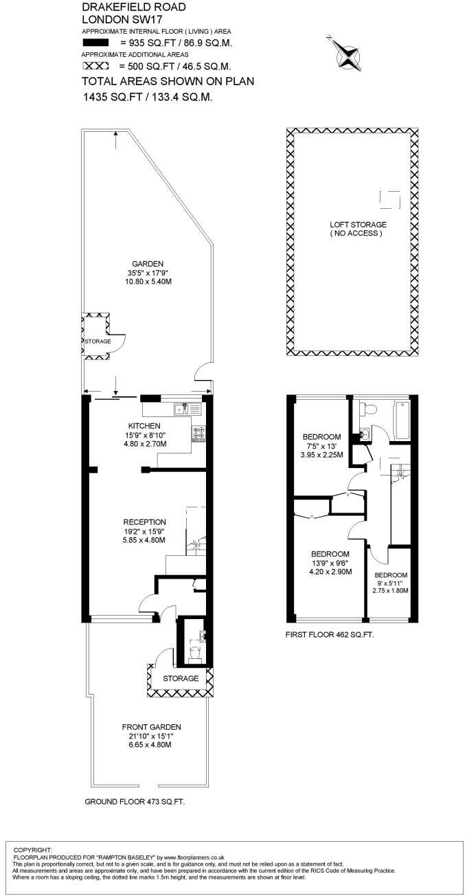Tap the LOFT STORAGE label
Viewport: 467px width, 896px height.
coord(357,225)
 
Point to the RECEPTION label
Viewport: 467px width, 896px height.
coord(144,522)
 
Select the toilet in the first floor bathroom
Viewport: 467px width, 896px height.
coord(369,410)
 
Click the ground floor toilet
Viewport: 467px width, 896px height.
coord(194,653)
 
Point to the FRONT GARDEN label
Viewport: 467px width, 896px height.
coord(151,727)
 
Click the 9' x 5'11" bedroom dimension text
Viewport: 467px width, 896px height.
coord(390,583)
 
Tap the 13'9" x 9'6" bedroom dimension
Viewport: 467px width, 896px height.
coord(330,563)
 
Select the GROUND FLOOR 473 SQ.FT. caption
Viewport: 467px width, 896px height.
coord(135,802)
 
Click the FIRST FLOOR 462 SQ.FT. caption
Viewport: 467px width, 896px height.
coord(330,636)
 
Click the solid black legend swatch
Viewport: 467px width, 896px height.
coord(95,43)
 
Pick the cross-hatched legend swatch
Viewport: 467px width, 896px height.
coord(95,66)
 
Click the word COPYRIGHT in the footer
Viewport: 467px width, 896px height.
coord(33,850)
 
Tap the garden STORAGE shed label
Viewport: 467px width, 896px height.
coord(97,341)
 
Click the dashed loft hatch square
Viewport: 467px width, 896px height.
coord(389,198)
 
